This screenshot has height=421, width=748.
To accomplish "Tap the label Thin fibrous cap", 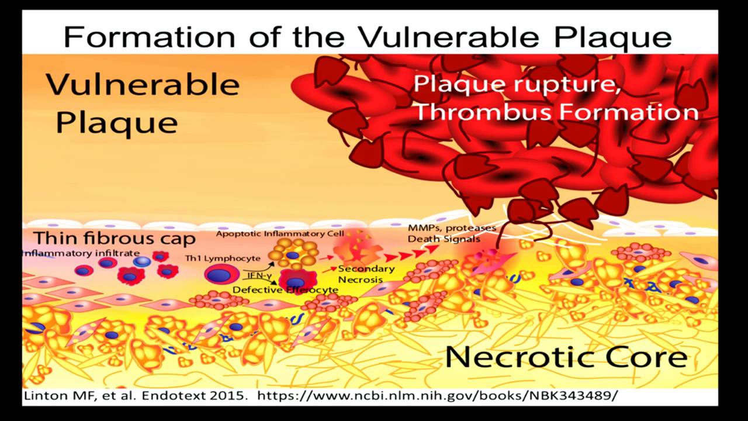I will [x=114, y=239].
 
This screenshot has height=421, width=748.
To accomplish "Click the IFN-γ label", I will [x=257, y=274].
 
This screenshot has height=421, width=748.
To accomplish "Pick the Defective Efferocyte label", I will [x=285, y=289].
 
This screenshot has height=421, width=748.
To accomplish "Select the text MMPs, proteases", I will [x=452, y=227].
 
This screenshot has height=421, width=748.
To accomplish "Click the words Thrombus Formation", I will [x=556, y=112].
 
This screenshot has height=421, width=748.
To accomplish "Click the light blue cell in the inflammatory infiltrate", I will [x=140, y=261].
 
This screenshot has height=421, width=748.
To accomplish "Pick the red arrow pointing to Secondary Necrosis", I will [x=328, y=270].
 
